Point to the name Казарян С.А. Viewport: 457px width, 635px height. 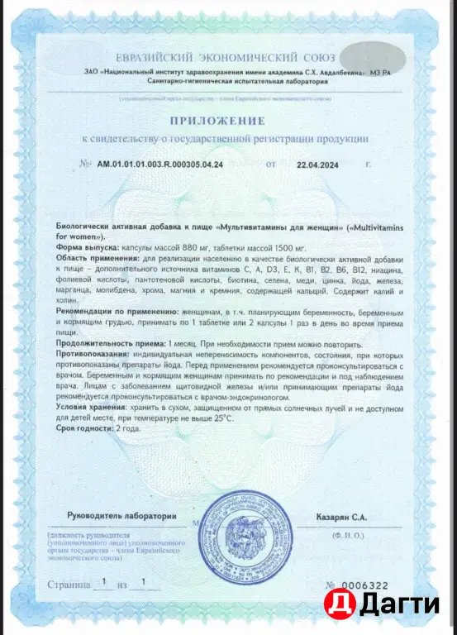341,517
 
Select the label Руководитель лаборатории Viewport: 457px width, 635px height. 122,517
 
